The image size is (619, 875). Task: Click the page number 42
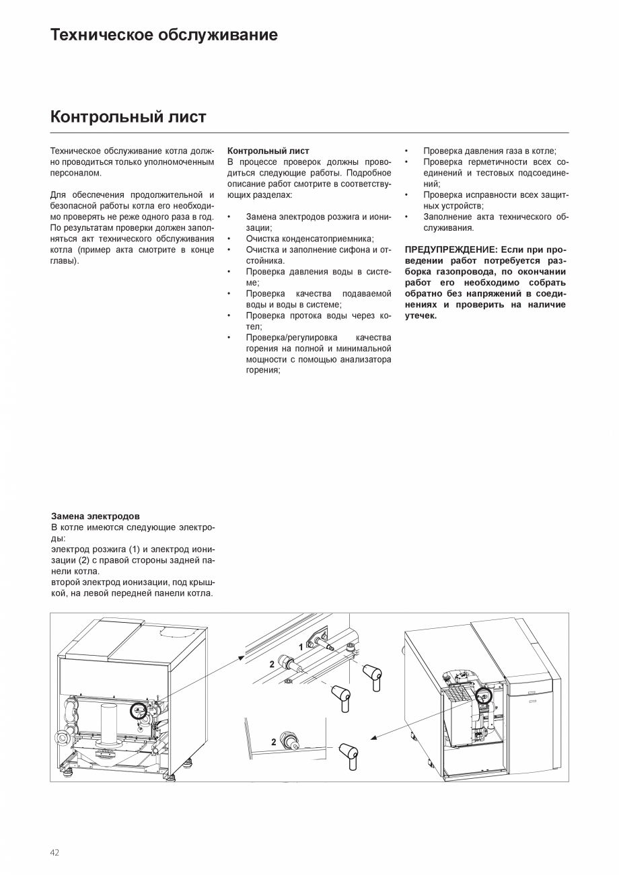(54, 853)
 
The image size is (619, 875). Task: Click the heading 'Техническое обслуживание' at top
(163, 35)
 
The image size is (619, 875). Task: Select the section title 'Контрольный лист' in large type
(128, 117)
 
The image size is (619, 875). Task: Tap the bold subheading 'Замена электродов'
(96, 516)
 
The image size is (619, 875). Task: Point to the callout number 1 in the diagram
(301, 647)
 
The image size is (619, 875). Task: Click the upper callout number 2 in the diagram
(272, 664)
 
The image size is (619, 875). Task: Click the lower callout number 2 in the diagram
(274, 743)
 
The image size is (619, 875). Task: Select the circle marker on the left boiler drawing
(139, 710)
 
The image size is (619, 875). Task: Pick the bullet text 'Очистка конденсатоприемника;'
(309, 239)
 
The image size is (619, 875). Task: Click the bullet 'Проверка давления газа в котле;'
(490, 151)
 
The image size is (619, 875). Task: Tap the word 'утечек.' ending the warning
(421, 315)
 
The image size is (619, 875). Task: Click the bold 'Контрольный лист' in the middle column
(268, 151)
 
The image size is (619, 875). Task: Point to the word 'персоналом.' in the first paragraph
(76, 173)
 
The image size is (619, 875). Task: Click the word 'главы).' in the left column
(65, 260)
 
